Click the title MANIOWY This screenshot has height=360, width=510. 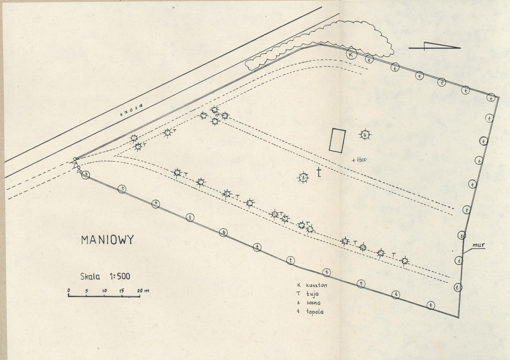tap(107, 240)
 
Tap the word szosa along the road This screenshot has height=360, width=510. tap(131, 110)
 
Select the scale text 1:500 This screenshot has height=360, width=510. tap(120, 277)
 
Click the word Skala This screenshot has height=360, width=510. tap(90, 277)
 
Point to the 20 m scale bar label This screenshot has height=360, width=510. tap(143, 290)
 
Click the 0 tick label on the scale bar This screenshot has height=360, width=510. tap(68, 290)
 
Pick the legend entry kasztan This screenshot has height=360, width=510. tap(316, 285)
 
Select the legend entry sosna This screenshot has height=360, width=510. tap(313, 303)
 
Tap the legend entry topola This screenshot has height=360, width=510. tap(315, 312)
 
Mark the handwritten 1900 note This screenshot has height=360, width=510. tap(359, 160)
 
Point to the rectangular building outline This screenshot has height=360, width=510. tap(337, 140)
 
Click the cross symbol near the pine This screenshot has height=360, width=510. tap(319, 172)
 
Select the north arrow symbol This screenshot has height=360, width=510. tap(435, 46)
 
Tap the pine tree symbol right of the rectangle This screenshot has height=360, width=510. tap(365, 134)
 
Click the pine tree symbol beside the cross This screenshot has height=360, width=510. tap(303, 178)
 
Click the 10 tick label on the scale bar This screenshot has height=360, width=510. tap(104, 290)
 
